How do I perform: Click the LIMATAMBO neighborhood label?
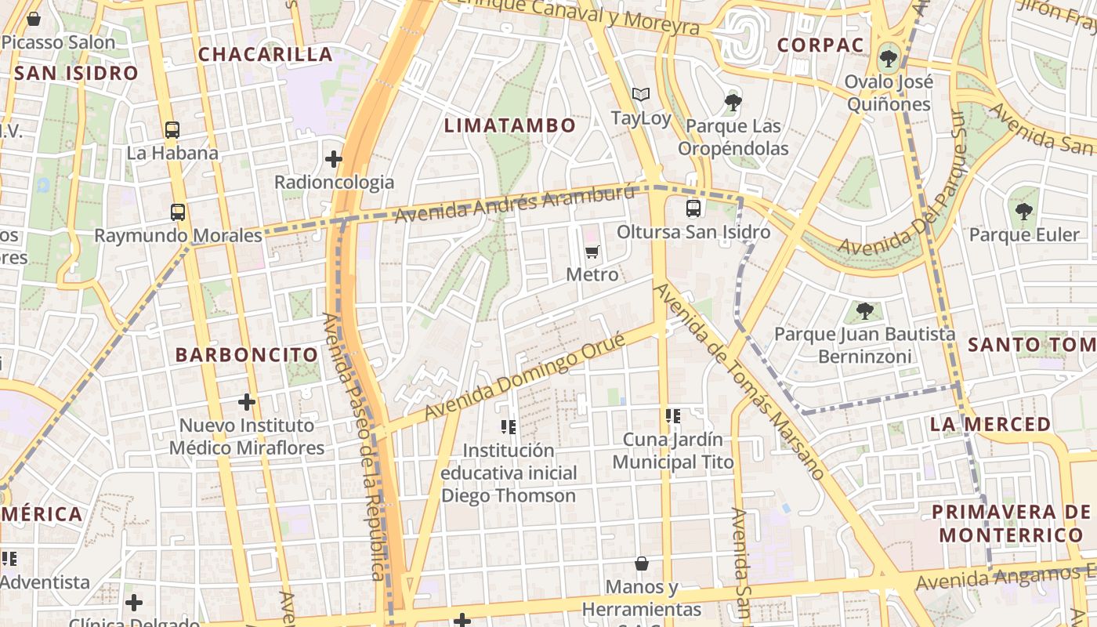[x=510, y=125]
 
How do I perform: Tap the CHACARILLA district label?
[x=265, y=54]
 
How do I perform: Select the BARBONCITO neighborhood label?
[x=247, y=354]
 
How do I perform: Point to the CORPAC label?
[x=820, y=45]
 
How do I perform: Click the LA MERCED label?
[x=990, y=424]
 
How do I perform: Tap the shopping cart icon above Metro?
[x=592, y=252]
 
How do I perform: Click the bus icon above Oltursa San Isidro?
[x=693, y=208]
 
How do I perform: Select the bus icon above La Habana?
[x=172, y=130]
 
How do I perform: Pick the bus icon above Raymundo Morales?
[x=178, y=212]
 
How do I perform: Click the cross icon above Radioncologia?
[x=334, y=159]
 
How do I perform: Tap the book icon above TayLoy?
[x=641, y=95]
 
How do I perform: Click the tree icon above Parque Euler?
[x=1023, y=211]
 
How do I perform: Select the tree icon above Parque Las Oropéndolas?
[x=733, y=102]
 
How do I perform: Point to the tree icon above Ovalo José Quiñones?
[x=889, y=57]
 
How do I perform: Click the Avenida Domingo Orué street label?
[x=524, y=376]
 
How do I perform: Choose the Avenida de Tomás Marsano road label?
[x=739, y=381]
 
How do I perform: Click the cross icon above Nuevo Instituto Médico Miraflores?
[x=247, y=402]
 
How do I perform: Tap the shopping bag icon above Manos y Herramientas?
[x=642, y=564]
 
